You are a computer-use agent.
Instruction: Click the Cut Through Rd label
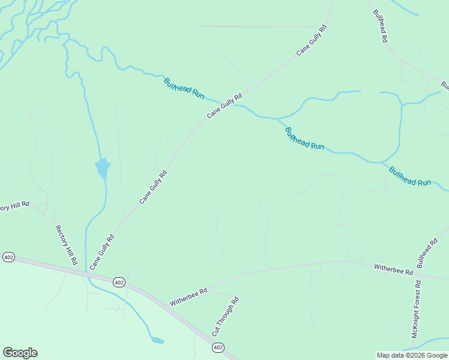(x=225, y=316)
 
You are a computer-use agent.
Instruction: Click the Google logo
(x=20, y=353)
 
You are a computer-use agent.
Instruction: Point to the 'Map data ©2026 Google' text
(x=412, y=355)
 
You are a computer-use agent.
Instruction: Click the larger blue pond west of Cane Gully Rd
(x=103, y=168)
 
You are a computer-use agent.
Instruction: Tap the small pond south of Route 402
(x=157, y=340)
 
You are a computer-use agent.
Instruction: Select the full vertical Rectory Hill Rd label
(x=67, y=245)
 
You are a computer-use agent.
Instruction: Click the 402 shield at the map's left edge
(x=8, y=257)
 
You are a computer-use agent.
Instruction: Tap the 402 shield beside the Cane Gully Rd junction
(x=119, y=282)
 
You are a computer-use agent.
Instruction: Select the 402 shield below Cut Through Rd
(x=217, y=347)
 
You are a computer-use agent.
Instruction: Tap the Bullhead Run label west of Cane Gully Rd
(x=184, y=88)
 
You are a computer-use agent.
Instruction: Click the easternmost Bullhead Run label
(x=410, y=176)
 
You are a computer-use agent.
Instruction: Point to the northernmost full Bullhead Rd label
(x=380, y=26)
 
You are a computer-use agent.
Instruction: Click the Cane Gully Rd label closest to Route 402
(x=101, y=253)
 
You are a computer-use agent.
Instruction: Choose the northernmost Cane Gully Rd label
(x=312, y=40)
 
